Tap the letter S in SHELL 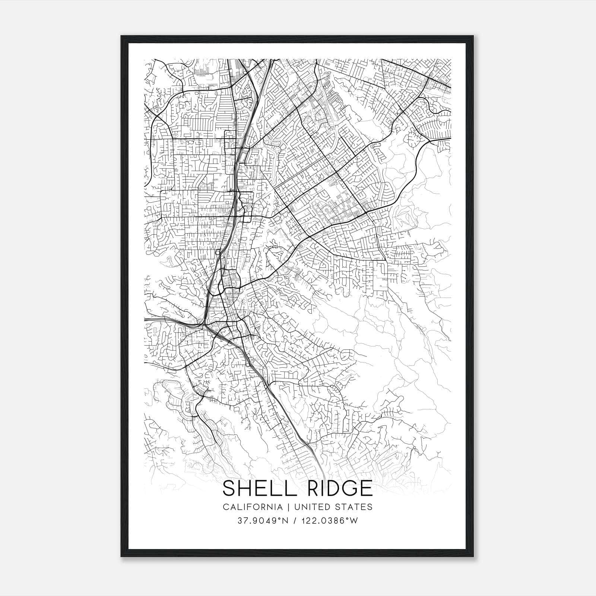click(229, 488)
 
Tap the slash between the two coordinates click(295, 521)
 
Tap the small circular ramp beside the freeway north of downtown click(217, 253)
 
